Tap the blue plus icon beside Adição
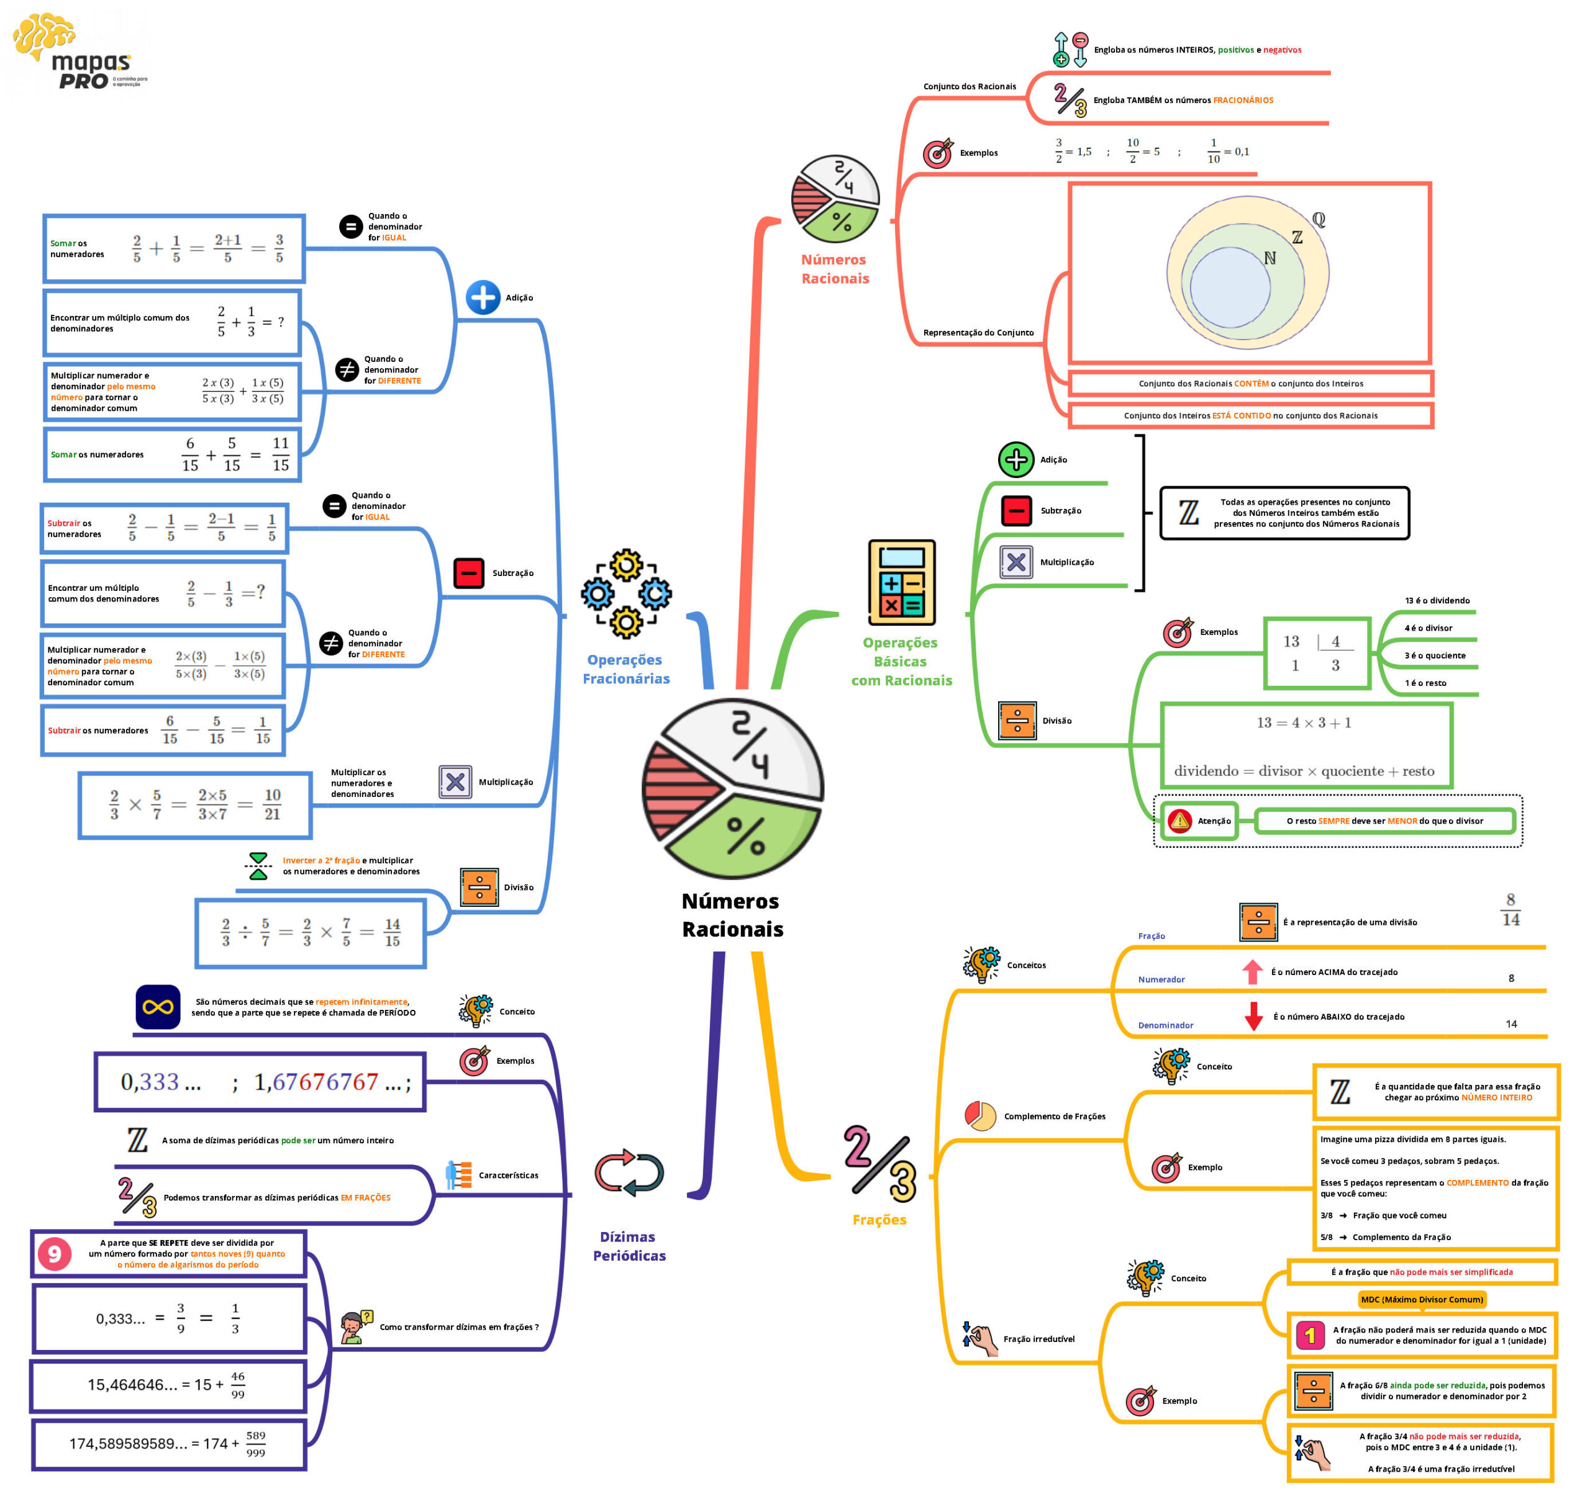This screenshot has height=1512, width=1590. [483, 297]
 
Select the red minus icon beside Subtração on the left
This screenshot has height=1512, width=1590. [468, 573]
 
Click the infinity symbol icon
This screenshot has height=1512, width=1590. [157, 1007]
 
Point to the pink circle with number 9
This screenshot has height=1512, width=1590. [55, 1253]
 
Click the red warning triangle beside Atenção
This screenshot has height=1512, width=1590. [1179, 821]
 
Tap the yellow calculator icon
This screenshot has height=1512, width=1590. [901, 582]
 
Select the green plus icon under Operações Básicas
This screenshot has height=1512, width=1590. [1016, 459]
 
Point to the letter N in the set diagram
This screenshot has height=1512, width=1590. [1270, 258]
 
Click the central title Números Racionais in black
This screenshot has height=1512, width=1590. [731, 915]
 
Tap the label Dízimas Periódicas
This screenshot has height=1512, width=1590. [629, 1245]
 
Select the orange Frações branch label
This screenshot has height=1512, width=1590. [879, 1220]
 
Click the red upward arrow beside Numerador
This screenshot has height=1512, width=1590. [1252, 972]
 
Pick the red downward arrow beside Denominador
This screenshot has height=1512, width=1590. [1253, 1016]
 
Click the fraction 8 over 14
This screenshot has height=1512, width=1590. [1510, 910]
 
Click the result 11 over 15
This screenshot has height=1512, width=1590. [281, 454]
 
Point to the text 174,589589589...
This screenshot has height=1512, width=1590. [128, 1444]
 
